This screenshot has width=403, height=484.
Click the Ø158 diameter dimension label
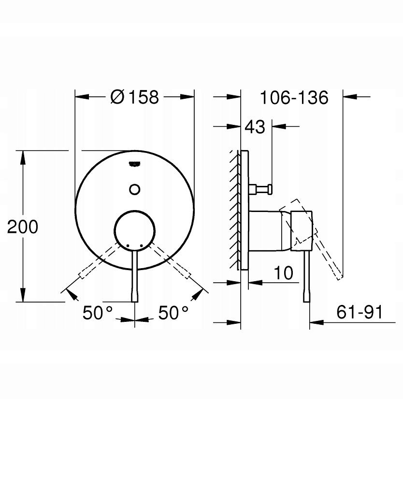coord(134,97)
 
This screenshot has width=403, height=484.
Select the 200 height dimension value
coord(22,227)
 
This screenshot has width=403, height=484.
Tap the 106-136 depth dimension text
coord(294,97)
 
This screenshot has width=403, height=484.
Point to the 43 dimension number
coord(255,127)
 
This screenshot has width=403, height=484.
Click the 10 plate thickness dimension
coord(284,273)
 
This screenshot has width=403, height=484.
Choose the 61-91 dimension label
coord(359,313)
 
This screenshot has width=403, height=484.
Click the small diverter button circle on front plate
coord(135,188)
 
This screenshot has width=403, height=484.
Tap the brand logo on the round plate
coord(135,165)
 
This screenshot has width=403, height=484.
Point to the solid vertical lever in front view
coord(135,276)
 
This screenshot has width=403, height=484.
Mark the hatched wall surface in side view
coord(235,208)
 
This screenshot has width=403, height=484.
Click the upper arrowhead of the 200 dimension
coord(22,156)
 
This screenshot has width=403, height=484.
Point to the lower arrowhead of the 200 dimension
coord(22,295)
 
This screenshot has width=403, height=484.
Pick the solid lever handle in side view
coord(306,276)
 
